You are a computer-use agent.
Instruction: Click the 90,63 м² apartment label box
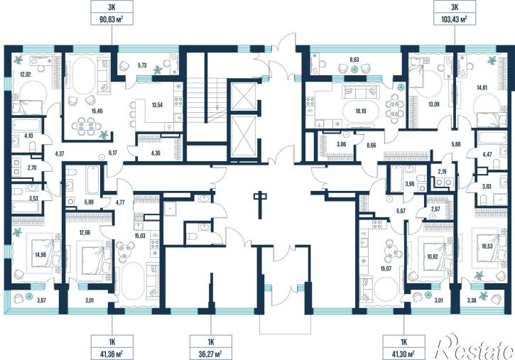(112, 13)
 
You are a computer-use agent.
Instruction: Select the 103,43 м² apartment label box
(455, 13)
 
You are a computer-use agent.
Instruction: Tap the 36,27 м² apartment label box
(211, 347)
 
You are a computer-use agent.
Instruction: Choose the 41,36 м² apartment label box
(112, 347)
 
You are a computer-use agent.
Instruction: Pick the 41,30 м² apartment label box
(403, 347)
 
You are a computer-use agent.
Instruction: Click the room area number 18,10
(360, 111)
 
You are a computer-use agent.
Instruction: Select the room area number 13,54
(157, 105)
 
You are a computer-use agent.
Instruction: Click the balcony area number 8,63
(354, 60)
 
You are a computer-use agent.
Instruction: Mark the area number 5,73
(142, 65)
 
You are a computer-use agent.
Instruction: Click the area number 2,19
(443, 170)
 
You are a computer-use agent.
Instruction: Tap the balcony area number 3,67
(41, 299)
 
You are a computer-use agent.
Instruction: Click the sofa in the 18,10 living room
(361, 92)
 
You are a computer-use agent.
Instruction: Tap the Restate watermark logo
(474, 347)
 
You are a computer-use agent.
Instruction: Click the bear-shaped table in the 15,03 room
(125, 251)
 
